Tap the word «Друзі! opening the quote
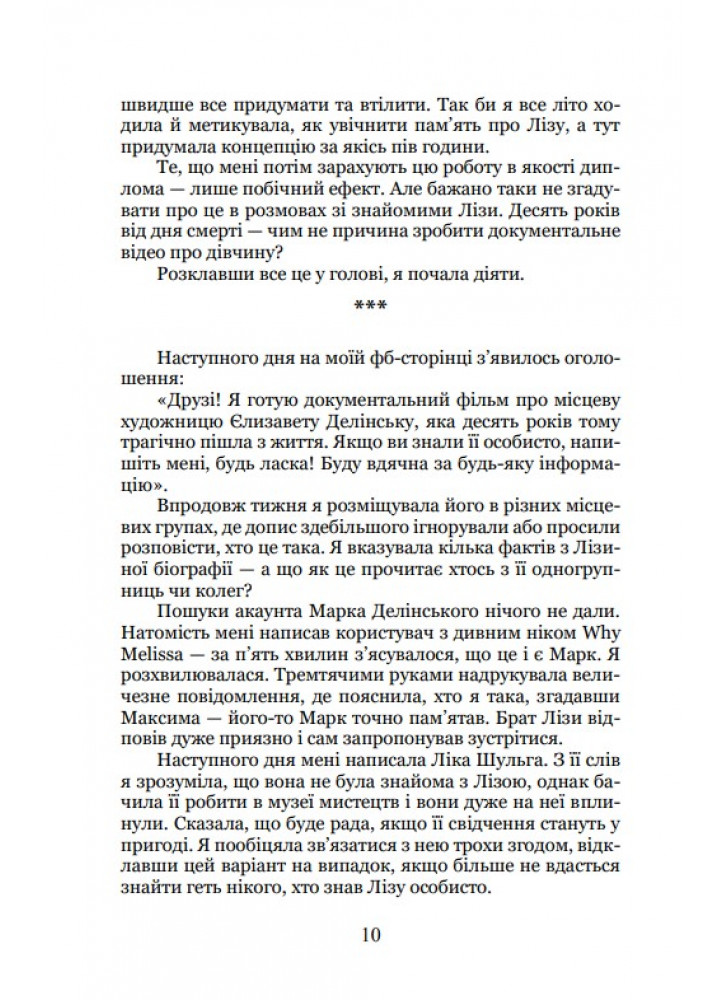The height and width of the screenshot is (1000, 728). pos(175,397)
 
